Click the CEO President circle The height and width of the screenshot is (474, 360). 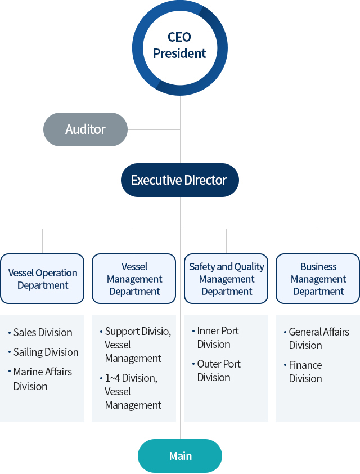point(179,46)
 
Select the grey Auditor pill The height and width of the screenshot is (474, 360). point(85,129)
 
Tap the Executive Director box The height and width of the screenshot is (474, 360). point(179,180)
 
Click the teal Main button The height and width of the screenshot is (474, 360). point(180,456)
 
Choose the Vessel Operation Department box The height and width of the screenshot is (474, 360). point(43,279)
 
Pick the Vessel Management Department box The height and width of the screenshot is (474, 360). point(134,279)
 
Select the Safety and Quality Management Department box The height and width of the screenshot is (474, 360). point(226,279)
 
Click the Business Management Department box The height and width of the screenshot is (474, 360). point(318,279)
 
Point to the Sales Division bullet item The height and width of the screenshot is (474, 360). point(43,333)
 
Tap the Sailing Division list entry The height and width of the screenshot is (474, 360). point(46,352)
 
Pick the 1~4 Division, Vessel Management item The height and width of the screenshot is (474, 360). point(133,391)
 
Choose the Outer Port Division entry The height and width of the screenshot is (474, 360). point(218,370)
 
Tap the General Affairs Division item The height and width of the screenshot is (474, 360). point(318,338)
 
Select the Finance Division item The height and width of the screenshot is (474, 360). point(305,372)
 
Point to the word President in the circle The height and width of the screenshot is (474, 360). point(179,53)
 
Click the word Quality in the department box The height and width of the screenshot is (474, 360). point(249,267)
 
